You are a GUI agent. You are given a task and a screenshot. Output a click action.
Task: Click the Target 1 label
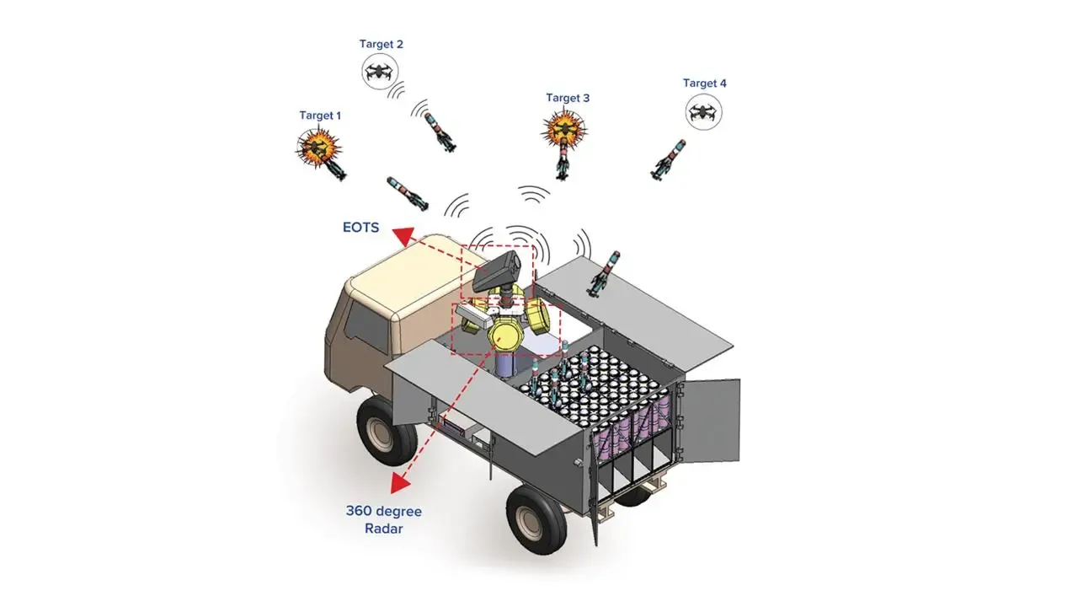tap(320, 115)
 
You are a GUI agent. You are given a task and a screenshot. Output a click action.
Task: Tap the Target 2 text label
tap(381, 44)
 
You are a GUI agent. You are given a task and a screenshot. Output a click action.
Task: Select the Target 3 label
tap(568, 98)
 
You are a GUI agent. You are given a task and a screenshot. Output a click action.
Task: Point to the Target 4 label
tap(704, 83)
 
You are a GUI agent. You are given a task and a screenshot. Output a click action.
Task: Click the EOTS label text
tap(360, 228)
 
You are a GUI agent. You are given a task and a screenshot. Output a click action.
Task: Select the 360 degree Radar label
tap(383, 520)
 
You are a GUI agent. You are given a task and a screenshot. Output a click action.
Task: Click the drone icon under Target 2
tap(381, 73)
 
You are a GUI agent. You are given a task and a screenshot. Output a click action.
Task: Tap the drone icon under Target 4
tap(704, 112)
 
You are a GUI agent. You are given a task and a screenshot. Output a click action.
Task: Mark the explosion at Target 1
tap(318, 147)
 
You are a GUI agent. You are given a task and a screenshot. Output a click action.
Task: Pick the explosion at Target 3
tap(563, 129)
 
